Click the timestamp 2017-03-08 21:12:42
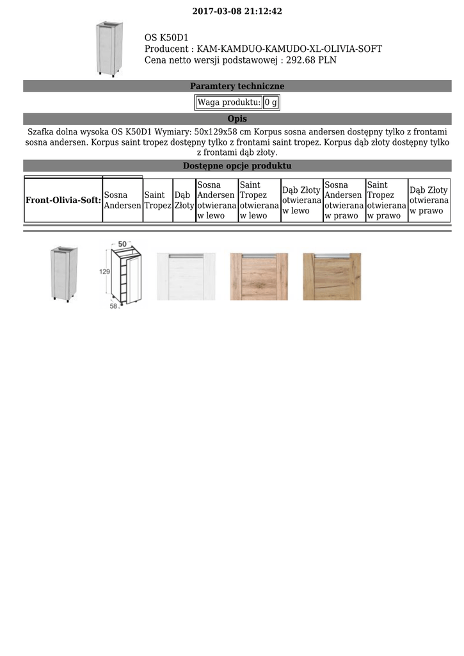(237, 12)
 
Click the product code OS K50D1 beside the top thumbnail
(166, 38)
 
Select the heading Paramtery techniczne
(237, 86)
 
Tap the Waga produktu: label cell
(228, 102)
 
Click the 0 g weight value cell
(271, 102)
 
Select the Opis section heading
(237, 119)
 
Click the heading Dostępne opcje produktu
(237, 166)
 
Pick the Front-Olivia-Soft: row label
(63, 201)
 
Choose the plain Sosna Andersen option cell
(122, 201)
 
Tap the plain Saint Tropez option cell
(157, 201)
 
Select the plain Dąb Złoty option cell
(184, 201)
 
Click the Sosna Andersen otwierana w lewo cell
(216, 201)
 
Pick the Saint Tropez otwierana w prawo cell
(387, 201)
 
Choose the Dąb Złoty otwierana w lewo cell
(301, 201)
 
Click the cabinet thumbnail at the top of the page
(108, 48)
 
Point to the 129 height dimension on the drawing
(104, 272)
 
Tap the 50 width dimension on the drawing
(122, 244)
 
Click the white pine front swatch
(186, 276)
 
